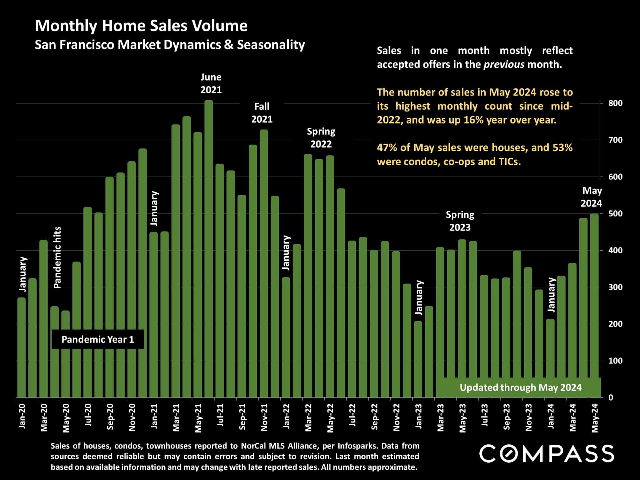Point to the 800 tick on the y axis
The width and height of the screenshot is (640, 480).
615,103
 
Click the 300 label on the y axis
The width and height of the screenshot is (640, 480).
615,287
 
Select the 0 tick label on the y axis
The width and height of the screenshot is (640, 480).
611,397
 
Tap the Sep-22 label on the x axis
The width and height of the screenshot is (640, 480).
374,417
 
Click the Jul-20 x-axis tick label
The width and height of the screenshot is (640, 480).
88,415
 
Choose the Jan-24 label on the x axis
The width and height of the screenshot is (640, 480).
551,416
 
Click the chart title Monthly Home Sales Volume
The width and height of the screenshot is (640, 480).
141,26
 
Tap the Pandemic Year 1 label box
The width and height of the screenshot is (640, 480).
98,339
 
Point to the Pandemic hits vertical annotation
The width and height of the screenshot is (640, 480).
57,257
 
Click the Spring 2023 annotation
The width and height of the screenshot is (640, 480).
460,221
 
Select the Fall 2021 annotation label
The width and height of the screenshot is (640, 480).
262,113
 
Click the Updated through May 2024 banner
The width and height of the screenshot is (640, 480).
520,387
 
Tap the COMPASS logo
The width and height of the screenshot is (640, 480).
547,453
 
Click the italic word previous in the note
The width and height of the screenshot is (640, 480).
504,64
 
